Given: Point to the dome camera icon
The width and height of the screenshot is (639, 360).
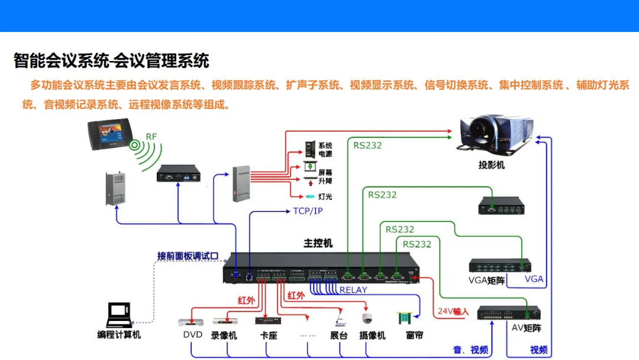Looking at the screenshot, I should tap(367, 319).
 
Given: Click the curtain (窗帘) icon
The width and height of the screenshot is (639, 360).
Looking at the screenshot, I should tap(406, 320).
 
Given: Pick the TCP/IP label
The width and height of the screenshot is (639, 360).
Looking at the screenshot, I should tap(308, 211).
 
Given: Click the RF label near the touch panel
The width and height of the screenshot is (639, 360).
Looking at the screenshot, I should tap(151, 137).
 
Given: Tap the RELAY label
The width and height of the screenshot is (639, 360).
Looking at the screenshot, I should tap(353, 290).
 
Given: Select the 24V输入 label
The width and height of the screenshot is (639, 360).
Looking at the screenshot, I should tap(453, 311).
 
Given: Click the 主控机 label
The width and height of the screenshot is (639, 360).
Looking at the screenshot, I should tap(318, 243).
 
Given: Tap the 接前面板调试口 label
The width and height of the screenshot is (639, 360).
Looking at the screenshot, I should tap(188, 256).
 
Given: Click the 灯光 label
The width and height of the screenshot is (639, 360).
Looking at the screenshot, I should tap(325, 196).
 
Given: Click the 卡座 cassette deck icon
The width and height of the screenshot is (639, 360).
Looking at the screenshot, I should tap(265, 320).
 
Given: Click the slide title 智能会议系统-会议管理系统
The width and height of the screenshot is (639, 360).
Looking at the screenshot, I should tap(111, 60).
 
